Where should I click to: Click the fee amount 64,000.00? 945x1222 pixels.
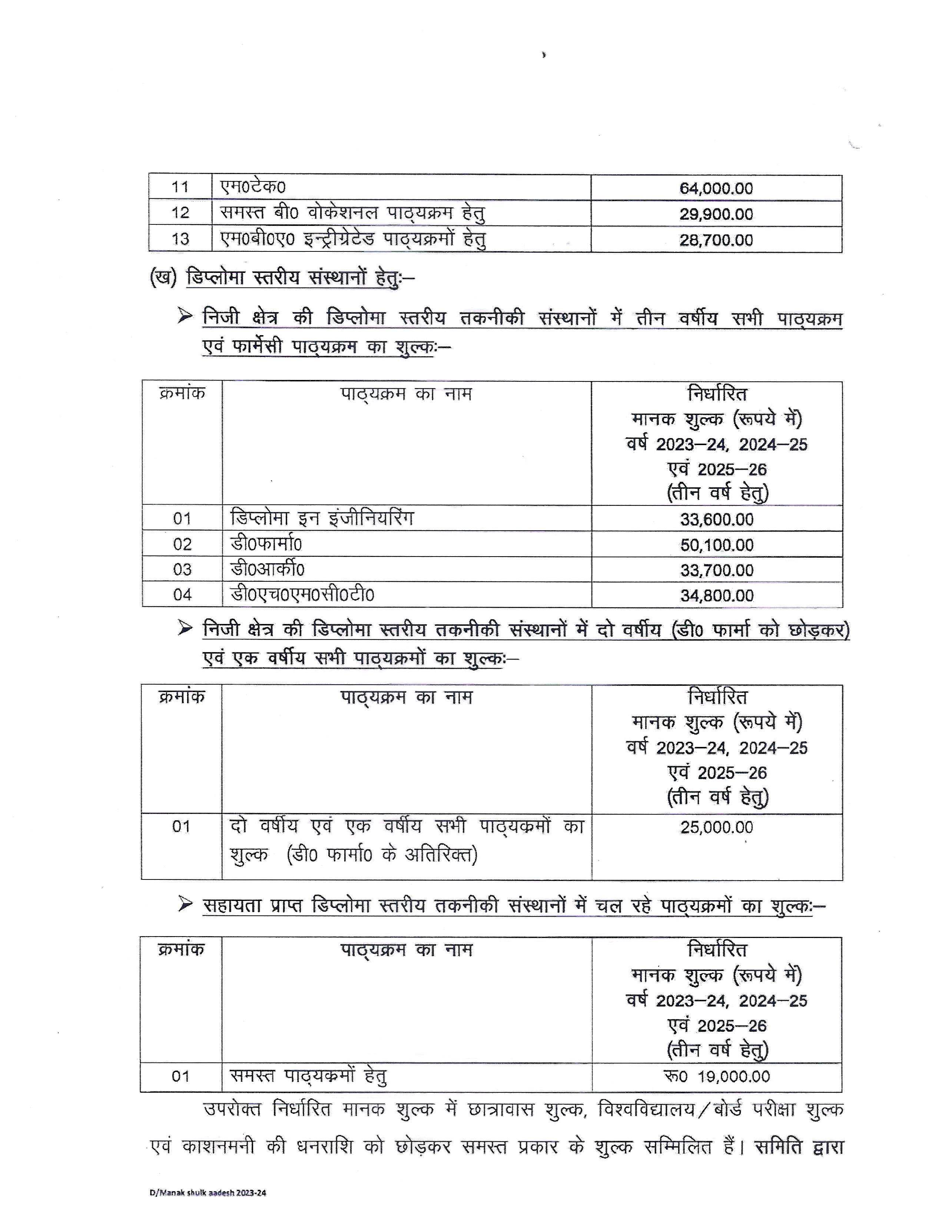pyautogui.click(x=716, y=188)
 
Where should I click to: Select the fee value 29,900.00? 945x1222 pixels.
pyautogui.click(x=716, y=214)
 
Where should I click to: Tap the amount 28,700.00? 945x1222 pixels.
pyautogui.click(x=716, y=240)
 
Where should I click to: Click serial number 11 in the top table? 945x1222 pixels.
pyautogui.click(x=180, y=187)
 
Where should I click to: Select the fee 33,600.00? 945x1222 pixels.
pyautogui.click(x=717, y=519)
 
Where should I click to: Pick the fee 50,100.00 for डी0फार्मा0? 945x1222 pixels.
pyautogui.click(x=717, y=545)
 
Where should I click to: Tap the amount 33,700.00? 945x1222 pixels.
pyautogui.click(x=717, y=570)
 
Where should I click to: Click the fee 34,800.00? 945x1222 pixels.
pyautogui.click(x=717, y=595)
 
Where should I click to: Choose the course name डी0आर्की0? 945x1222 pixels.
pyautogui.click(x=268, y=570)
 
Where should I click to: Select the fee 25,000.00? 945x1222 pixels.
pyautogui.click(x=717, y=827)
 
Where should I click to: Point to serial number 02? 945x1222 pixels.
pyautogui.click(x=182, y=544)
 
